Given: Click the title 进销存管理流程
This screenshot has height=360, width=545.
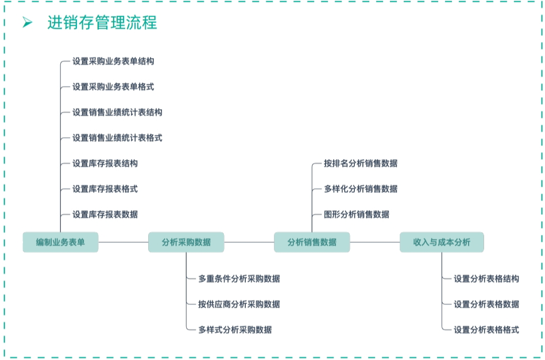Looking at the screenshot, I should (102, 23).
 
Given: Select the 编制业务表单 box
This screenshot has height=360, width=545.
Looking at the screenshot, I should (60, 242).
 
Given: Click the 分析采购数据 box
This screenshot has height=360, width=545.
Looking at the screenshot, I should (186, 242).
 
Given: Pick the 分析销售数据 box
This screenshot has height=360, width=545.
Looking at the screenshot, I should (312, 242).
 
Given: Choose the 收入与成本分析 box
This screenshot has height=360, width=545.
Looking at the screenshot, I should (442, 242).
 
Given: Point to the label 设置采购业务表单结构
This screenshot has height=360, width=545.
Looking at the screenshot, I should (113, 61).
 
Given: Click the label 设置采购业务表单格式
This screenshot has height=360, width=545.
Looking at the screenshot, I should (113, 87).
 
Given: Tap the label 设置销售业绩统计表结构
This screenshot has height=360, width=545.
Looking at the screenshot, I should (117, 113).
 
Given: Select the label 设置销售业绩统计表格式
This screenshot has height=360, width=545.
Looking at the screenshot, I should (117, 138).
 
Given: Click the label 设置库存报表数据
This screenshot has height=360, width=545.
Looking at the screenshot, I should (105, 215).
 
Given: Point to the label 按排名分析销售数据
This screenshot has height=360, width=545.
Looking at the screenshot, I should (360, 164).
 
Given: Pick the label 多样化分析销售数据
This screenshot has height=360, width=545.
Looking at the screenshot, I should (360, 189).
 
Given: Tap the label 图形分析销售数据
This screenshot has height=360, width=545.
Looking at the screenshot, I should (356, 215).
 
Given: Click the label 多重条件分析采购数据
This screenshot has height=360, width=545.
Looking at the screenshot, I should (239, 279).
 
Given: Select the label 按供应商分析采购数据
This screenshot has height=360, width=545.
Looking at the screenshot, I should (239, 304).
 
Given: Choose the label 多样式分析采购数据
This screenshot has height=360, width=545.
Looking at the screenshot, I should (235, 330).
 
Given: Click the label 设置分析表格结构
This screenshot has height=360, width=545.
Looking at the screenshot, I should (486, 279).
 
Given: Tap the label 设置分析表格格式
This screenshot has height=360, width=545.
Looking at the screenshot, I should (486, 330).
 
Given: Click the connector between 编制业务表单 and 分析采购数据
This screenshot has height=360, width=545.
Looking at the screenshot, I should (123, 242).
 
